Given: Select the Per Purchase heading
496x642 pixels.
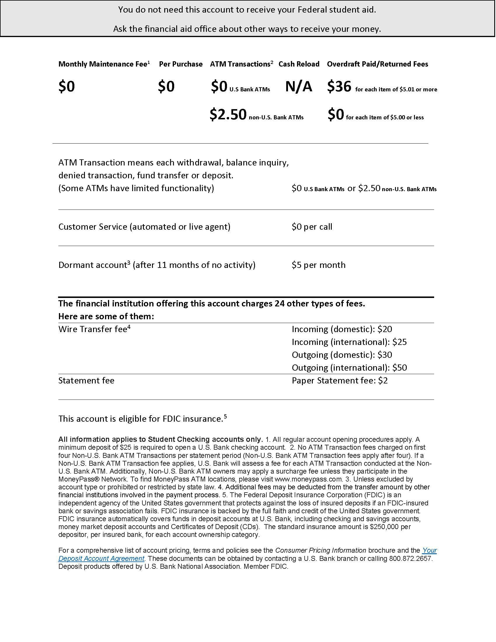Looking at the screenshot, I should coord(181,64).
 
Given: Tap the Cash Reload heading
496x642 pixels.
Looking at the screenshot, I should coord(299,64).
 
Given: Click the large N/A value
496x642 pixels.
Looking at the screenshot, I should coord(298,86).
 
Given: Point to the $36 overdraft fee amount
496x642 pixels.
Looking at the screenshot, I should coord(339,86).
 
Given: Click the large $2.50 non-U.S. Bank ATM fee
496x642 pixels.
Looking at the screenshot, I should coord(228,114).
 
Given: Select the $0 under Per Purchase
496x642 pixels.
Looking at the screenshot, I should coord(166,86).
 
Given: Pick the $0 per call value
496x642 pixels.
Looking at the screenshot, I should coord(312,227).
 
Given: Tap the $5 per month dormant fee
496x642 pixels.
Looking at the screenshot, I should coord(319,265).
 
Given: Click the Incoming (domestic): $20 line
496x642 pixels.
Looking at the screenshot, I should coord(342,329).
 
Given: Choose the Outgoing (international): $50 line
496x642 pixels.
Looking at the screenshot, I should coord(349,367).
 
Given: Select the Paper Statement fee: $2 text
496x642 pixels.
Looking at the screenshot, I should coord(340,380).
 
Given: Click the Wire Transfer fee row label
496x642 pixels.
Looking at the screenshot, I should coord(94,329).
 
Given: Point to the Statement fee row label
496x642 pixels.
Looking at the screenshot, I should coord(86,380).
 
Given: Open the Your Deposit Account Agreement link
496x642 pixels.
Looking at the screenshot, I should coord(101,558).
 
